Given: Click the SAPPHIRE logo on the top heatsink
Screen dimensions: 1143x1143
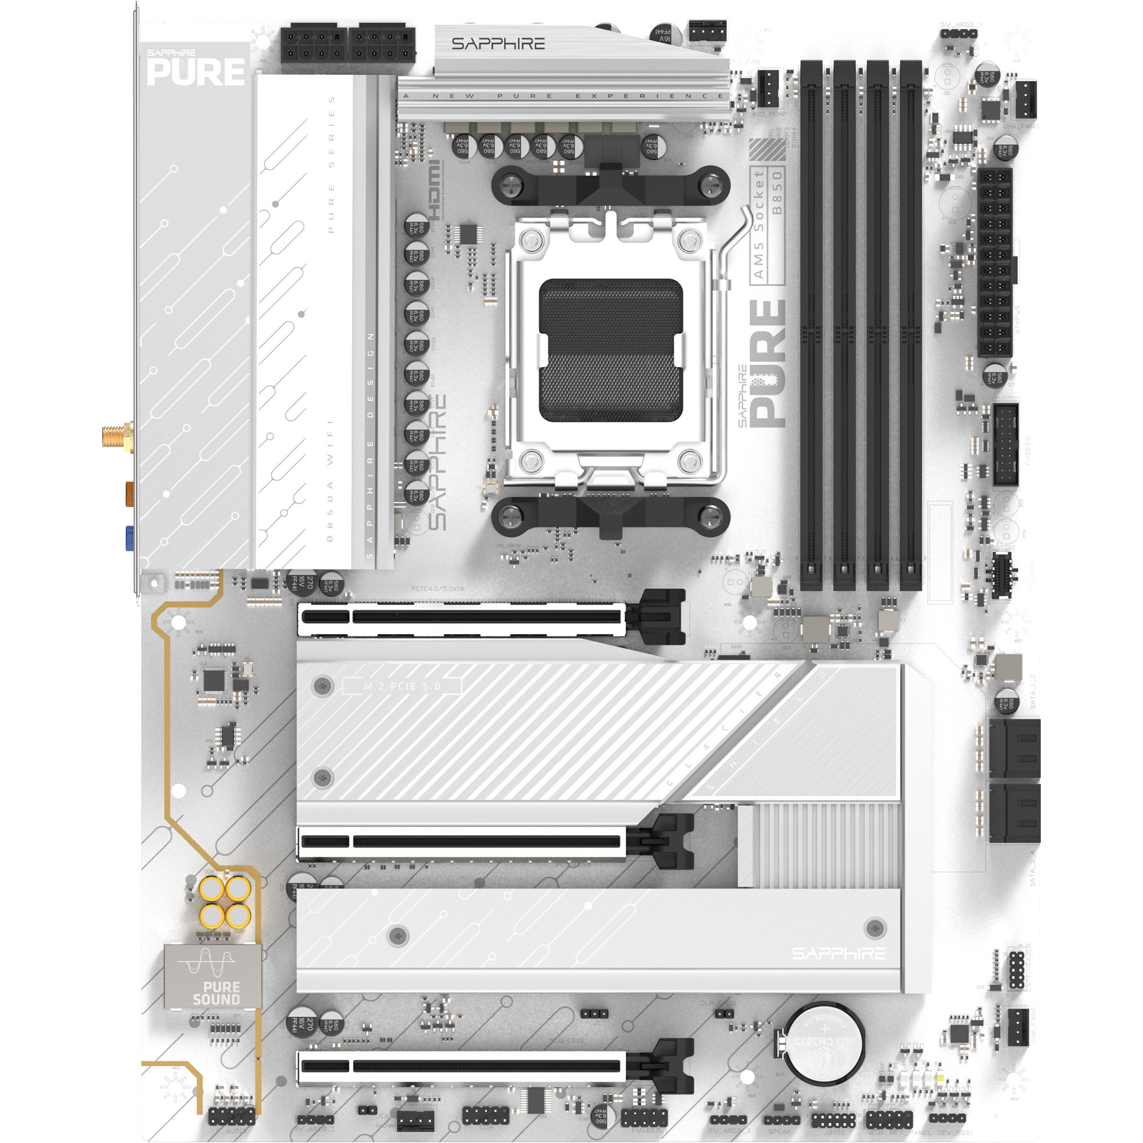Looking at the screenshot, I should coord(498,44).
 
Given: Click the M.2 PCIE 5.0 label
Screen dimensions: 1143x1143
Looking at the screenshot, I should coord(402,686).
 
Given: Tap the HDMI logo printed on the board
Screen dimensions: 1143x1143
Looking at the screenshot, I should coord(435,189).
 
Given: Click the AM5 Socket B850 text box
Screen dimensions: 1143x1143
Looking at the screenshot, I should coord(768,225).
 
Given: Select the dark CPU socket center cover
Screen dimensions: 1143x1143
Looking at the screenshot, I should coord(610,350).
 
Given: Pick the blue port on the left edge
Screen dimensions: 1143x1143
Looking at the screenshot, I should coord(129,537).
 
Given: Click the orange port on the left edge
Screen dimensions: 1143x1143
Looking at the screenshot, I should coord(129,493).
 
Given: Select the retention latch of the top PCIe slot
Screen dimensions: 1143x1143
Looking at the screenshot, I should coord(661,617).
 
